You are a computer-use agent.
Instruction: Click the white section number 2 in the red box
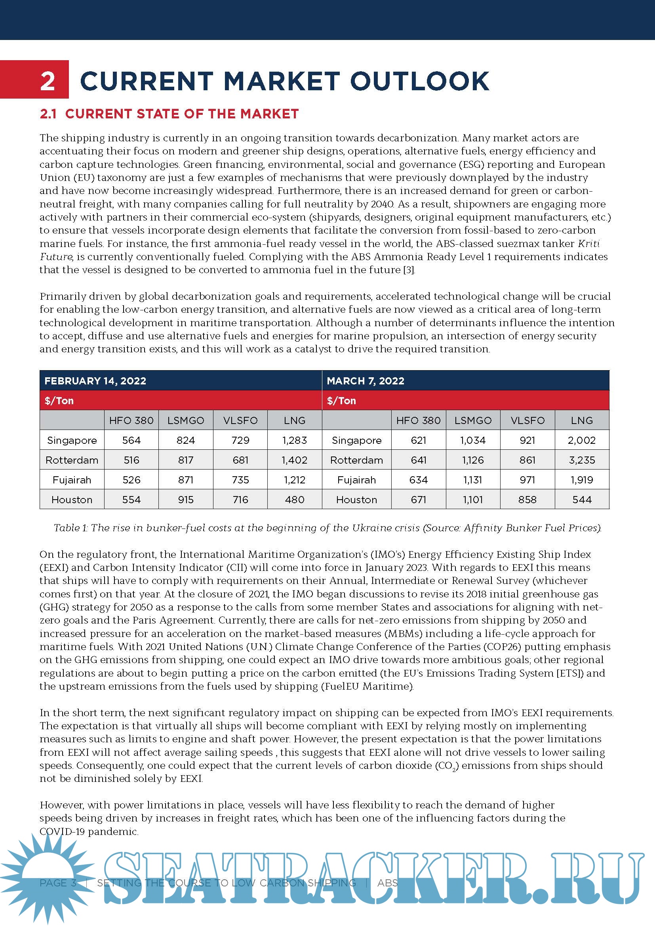tap(48, 81)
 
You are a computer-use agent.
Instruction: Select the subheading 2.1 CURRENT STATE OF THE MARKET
tap(169, 114)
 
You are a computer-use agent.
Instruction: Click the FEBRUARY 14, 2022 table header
tap(95, 381)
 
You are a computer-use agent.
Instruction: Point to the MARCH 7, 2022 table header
tap(366, 381)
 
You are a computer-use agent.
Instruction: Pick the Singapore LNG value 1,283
tap(294, 440)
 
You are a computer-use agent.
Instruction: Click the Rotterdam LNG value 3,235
tap(582, 460)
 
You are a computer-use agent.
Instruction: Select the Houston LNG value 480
tap(294, 499)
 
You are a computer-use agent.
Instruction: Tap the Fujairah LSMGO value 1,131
tap(473, 479)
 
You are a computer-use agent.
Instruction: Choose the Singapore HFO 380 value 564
tap(131, 440)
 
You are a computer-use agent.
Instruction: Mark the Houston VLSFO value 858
tap(527, 499)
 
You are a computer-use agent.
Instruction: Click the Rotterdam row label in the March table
tap(356, 460)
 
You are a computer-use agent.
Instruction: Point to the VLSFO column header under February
tap(240, 420)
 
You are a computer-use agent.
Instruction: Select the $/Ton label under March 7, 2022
tap(341, 401)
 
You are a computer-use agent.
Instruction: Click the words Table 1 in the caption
tap(70, 528)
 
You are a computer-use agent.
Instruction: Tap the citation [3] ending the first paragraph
tap(409, 270)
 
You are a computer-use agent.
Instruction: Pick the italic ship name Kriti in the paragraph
tap(588, 243)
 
